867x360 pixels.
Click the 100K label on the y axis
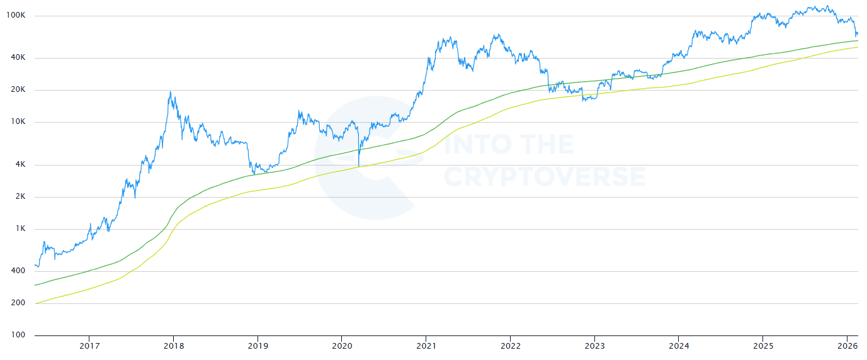16,15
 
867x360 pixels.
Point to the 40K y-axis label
18,57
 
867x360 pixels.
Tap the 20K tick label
18,89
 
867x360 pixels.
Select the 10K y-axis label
18,121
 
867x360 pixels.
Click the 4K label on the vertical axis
21,164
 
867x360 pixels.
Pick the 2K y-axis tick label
21,196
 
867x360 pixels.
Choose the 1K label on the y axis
21,228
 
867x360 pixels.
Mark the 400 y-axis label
18,271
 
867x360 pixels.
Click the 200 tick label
18,303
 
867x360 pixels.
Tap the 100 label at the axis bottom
18,335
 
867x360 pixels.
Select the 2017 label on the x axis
89,346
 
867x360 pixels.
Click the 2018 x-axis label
174,346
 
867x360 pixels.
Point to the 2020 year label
342,346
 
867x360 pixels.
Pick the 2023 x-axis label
594,346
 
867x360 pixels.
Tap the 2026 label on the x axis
847,346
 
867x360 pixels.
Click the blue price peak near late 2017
170,92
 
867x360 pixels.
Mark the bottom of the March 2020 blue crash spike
359,167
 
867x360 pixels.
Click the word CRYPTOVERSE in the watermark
544,176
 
